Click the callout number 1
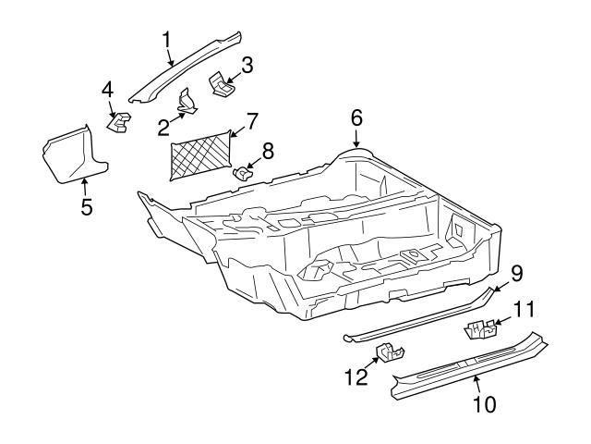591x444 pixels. pyautogui.click(x=167, y=39)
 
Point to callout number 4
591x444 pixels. pyautogui.click(x=108, y=90)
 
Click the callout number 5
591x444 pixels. pyautogui.click(x=86, y=206)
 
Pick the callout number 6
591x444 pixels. pyautogui.click(x=356, y=117)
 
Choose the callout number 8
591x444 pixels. pyautogui.click(x=269, y=149)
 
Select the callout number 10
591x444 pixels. pyautogui.click(x=484, y=403)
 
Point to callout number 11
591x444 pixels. pyautogui.click(x=525, y=311)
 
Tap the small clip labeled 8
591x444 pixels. pyautogui.click(x=243, y=171)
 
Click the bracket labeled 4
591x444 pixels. pyautogui.click(x=120, y=121)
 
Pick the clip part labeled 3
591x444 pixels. pyautogui.click(x=222, y=84)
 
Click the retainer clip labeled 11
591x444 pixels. pyautogui.click(x=480, y=327)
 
